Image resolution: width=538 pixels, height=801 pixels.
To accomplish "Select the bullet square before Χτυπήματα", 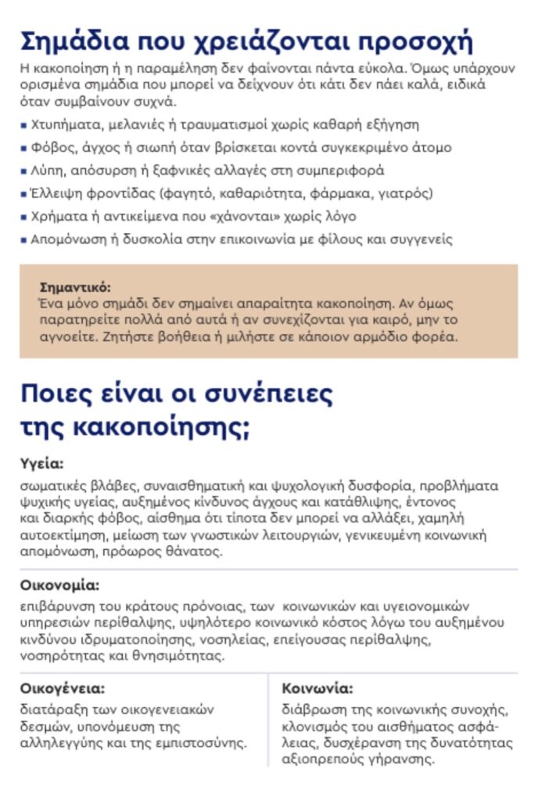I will (23, 124).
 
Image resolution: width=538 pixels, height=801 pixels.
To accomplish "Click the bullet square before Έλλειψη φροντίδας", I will (23, 193).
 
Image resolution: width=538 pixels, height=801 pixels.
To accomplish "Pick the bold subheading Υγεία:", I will (41, 464).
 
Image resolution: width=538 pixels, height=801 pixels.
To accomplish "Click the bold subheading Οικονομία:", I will (59, 584).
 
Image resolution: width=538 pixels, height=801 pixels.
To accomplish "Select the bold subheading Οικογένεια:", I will (63, 689).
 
